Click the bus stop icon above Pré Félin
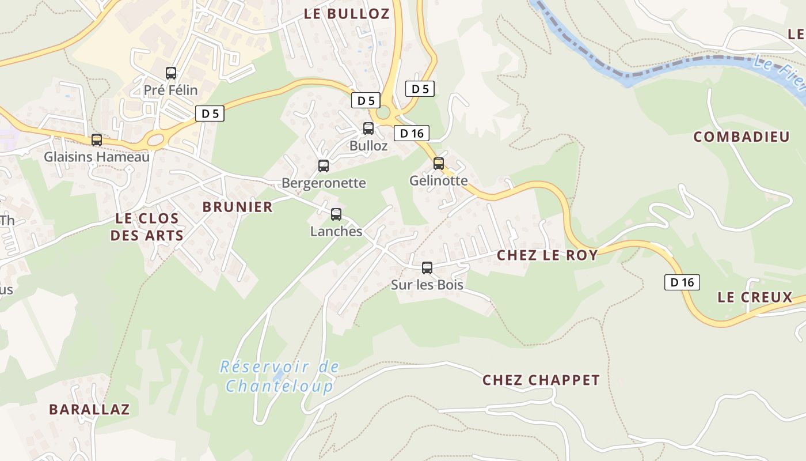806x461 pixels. tap(171, 73)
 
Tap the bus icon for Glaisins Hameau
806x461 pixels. tap(97, 140)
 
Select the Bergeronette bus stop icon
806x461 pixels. tap(324, 166)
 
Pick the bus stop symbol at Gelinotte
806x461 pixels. tap(439, 164)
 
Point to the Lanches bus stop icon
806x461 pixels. tap(336, 214)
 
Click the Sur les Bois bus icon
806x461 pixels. tap(427, 268)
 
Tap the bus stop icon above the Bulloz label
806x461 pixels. tap(368, 129)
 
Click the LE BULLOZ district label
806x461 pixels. tap(347, 14)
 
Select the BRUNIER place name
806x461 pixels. tap(238, 207)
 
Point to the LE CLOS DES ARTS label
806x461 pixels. tap(147, 226)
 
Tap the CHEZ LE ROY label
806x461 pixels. tap(547, 255)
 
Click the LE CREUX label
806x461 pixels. tap(755, 297)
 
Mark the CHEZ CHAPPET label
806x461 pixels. tap(541, 380)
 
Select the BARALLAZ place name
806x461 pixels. tap(89, 410)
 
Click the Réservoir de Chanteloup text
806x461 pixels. tap(280, 376)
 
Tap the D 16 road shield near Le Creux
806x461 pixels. tap(682, 282)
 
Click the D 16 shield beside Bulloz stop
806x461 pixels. tap(412, 134)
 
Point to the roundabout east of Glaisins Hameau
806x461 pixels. tap(156, 139)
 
